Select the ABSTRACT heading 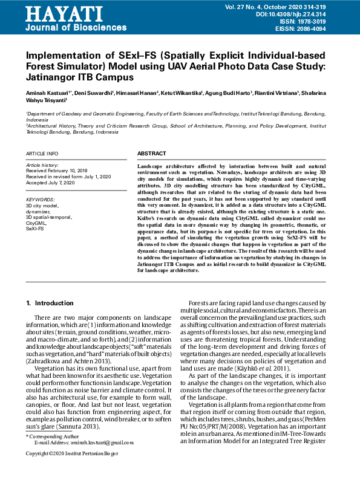click(151, 154)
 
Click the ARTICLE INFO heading click(42, 154)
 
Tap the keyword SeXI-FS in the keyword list click(35, 230)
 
